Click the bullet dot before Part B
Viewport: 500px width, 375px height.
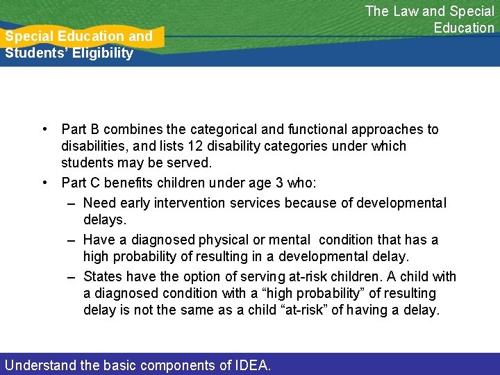tap(44, 129)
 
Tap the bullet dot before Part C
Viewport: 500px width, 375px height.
tap(44, 183)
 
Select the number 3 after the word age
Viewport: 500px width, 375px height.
tap(281, 183)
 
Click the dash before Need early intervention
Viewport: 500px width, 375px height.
tap(72, 203)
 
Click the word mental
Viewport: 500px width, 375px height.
tap(289, 240)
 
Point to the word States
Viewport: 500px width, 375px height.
tap(102, 276)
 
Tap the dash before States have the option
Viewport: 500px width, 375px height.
tap(72, 276)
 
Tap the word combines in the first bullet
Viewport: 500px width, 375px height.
tap(127, 129)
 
